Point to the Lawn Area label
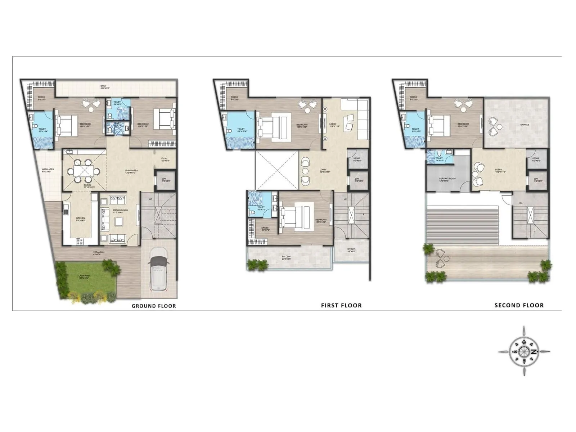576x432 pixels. coord(85,276)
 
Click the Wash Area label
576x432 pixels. coord(48,170)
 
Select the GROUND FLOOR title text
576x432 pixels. coord(154,306)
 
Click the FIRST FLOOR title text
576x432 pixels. coord(341,306)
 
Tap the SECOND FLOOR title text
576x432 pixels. coord(519,305)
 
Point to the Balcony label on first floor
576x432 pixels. coord(287,257)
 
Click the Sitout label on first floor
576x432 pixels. coord(351,250)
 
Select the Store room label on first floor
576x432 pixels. coord(357,159)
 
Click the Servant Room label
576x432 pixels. coord(447,179)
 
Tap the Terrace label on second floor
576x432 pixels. coord(524,125)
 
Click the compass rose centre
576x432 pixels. coord(524,351)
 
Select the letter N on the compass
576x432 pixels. coord(534,352)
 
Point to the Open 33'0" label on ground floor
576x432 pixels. coord(104,87)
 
